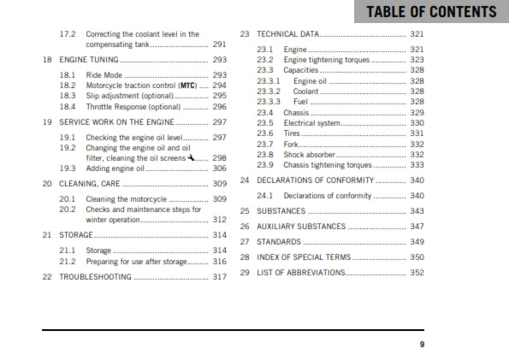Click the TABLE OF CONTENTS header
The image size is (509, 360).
point(431,12)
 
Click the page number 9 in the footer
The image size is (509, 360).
point(422,345)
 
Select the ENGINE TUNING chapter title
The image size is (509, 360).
point(88,61)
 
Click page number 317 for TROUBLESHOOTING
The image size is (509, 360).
point(220,277)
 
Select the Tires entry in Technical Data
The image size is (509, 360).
point(293,133)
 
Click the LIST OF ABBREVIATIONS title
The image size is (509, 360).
point(300,273)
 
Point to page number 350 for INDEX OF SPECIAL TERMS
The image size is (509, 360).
point(417,257)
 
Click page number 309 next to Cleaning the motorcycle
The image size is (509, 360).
point(220,199)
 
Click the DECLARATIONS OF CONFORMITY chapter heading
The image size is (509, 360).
point(316,180)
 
